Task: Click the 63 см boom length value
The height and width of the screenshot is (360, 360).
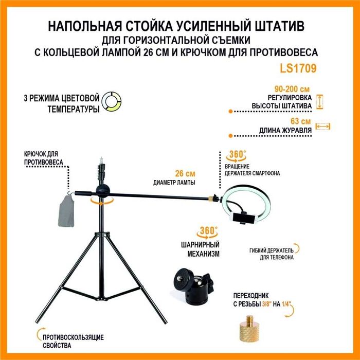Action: (x=300, y=121)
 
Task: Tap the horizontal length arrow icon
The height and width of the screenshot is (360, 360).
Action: (x=322, y=126)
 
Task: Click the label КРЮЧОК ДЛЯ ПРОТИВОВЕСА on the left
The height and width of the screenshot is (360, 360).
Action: (x=44, y=158)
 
